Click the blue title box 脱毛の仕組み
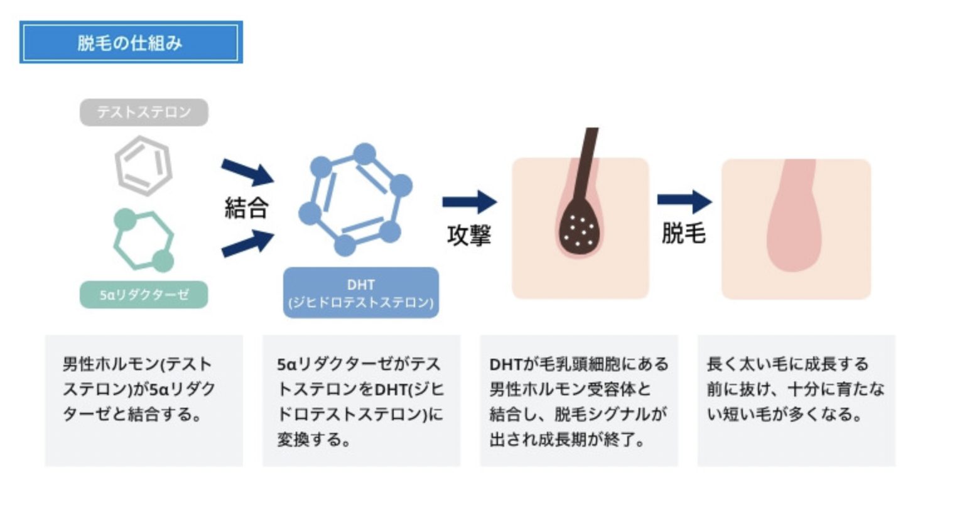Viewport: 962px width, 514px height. click(x=131, y=42)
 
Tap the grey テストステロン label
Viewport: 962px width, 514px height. click(x=144, y=112)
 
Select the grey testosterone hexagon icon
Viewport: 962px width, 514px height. click(x=143, y=166)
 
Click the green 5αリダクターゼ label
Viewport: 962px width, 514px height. click(x=144, y=295)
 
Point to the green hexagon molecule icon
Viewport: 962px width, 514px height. click(x=144, y=241)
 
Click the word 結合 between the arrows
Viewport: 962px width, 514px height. click(x=246, y=207)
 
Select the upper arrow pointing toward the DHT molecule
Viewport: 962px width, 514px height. click(x=247, y=172)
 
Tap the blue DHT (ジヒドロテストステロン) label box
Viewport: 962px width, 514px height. click(x=360, y=293)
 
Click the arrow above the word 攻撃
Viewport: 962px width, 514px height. click(x=469, y=202)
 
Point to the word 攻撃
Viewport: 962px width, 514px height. click(x=469, y=235)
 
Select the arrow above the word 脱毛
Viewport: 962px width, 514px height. click(x=684, y=201)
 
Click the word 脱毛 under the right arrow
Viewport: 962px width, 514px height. click(x=684, y=234)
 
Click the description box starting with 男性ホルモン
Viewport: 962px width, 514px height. click(x=144, y=400)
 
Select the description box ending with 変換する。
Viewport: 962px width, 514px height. click(x=361, y=400)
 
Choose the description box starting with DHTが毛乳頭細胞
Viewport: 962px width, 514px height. click(x=578, y=400)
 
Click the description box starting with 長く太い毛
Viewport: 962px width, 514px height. click(x=796, y=400)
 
